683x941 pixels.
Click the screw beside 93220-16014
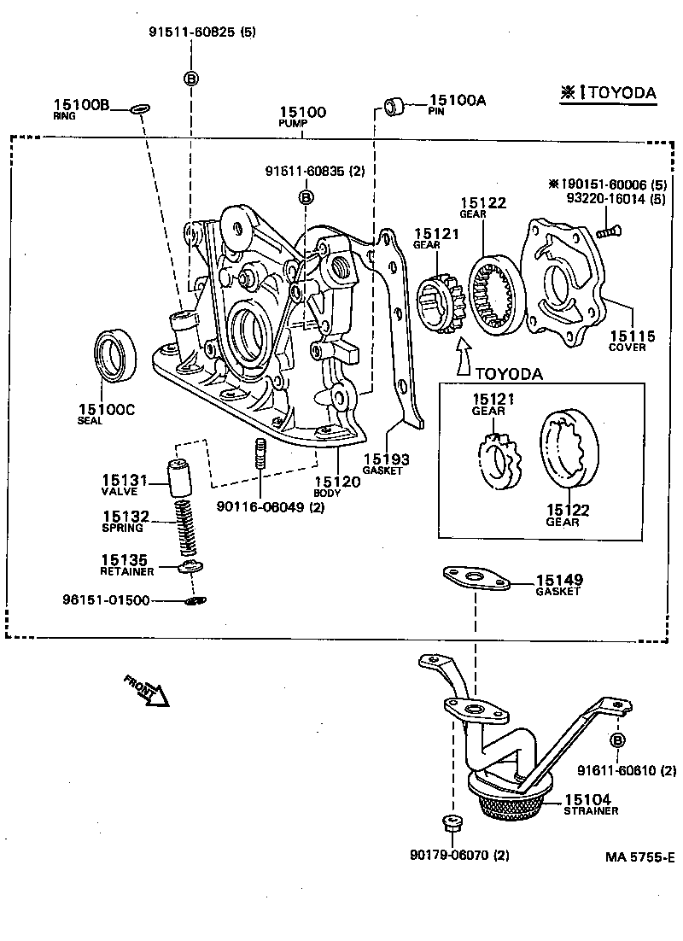coord(609,229)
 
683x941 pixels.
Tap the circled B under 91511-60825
coord(191,79)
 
